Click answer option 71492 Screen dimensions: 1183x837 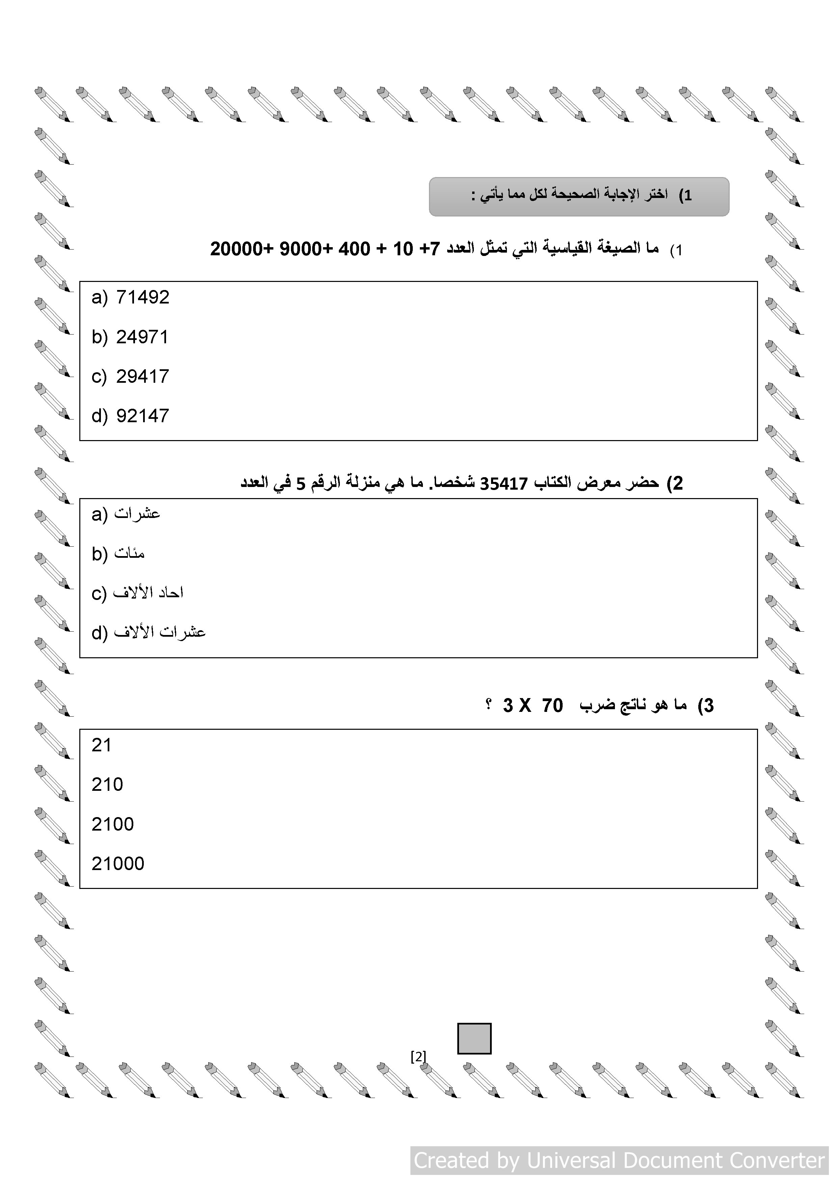pyautogui.click(x=142, y=297)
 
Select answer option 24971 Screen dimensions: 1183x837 pyautogui.click(x=142, y=337)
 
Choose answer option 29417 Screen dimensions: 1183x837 pyautogui.click(x=142, y=377)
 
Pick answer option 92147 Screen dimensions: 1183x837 pyautogui.click(x=142, y=416)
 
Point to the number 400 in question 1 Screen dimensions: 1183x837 pyautogui.click(x=354, y=249)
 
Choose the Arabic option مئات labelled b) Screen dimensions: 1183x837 pyautogui.click(x=130, y=553)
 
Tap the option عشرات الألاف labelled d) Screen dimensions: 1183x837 pyautogui.click(x=160, y=632)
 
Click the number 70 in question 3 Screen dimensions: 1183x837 pyautogui.click(x=552, y=705)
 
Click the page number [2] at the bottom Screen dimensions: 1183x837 pyautogui.click(x=418, y=1057)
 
